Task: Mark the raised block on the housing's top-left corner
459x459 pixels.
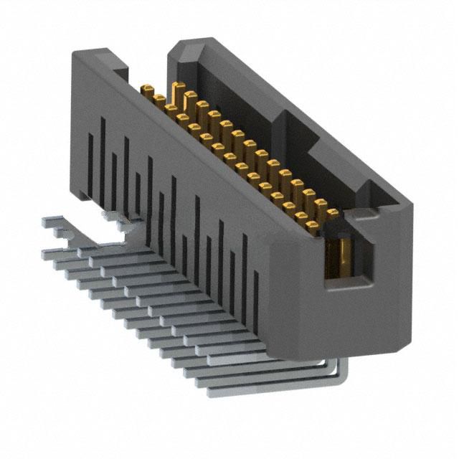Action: (100, 60)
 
